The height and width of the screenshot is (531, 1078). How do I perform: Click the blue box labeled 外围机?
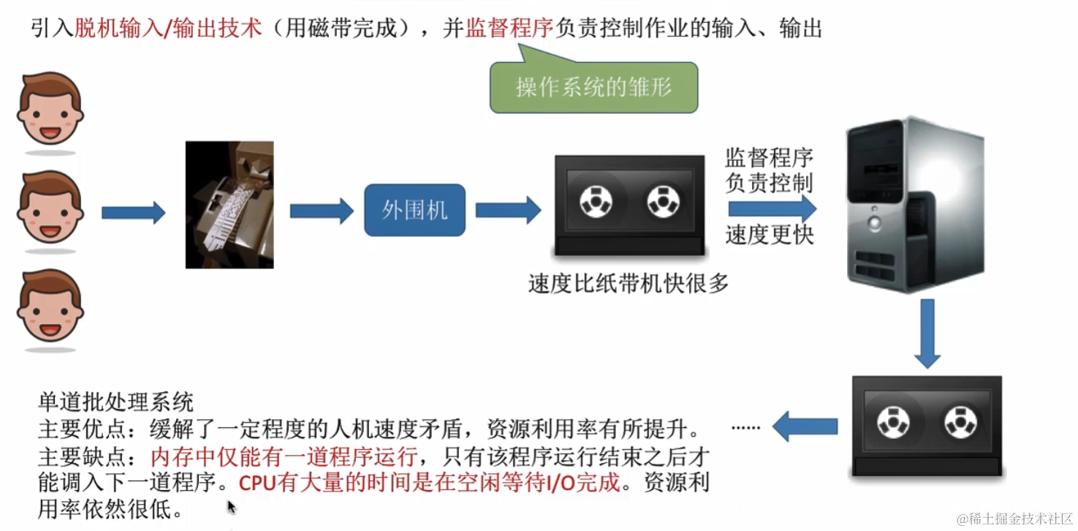click(x=414, y=211)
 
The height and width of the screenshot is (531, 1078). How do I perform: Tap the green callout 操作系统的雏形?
click(x=593, y=88)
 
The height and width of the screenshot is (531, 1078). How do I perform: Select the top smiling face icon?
click(x=50, y=110)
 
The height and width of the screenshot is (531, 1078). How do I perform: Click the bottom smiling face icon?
click(x=50, y=307)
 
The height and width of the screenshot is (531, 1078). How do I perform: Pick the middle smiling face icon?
click(x=50, y=208)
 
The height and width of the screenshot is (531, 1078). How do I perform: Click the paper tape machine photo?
click(x=229, y=205)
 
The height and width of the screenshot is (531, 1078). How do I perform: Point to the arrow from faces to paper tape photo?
click(x=133, y=213)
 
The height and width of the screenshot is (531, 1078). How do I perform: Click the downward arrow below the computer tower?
click(x=927, y=333)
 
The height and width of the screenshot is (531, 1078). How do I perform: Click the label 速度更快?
click(x=769, y=235)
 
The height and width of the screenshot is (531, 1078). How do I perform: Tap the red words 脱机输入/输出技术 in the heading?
click(x=168, y=29)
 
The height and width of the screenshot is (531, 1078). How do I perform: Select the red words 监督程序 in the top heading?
click(x=509, y=29)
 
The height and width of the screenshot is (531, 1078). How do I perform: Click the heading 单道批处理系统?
click(x=115, y=402)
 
